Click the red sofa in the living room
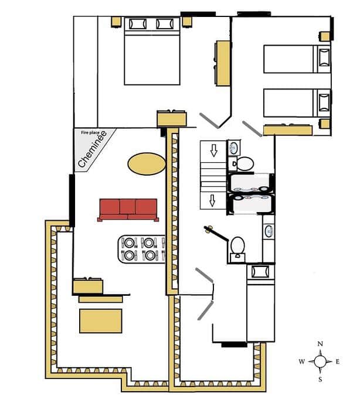128,210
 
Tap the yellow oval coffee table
147,164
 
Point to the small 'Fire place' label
90,133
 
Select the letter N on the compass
320,344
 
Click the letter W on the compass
302,361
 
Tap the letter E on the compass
338,361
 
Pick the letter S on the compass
320,380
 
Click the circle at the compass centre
320,361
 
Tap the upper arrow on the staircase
213,151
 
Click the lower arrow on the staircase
212,200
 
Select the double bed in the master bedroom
152,51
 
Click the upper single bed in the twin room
297,59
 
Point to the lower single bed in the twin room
297,103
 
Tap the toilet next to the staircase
242,164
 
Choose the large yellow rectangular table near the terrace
101,321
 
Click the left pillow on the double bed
138,24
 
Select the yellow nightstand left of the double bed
117,22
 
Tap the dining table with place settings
142,249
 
